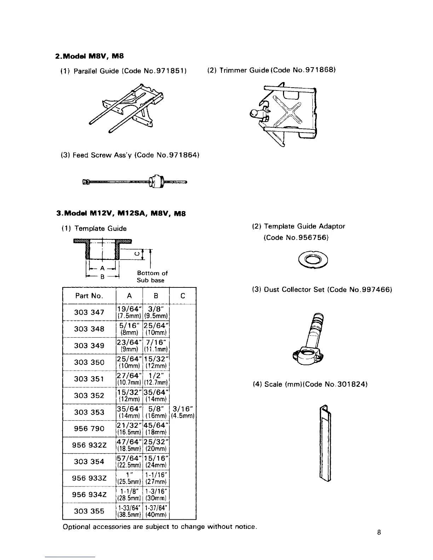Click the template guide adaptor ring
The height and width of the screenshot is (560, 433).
[x=312, y=261]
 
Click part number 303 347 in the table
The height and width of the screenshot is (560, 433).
[x=89, y=312]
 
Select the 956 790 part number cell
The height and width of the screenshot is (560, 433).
[x=89, y=428]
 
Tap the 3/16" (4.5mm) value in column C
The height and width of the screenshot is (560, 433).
[x=183, y=412]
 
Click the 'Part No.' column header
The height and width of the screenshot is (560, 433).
[x=89, y=296]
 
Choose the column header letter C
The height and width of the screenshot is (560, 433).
[x=183, y=296]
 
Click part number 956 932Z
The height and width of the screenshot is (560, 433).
[x=89, y=445]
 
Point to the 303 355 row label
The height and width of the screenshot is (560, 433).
[x=89, y=511]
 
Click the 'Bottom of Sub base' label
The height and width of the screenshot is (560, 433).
[x=152, y=277]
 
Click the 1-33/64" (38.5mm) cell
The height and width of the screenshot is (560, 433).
[x=129, y=511]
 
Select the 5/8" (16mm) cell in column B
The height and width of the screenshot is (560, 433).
[x=156, y=412]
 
